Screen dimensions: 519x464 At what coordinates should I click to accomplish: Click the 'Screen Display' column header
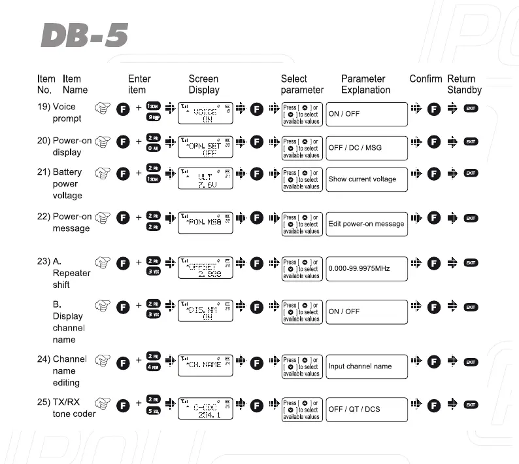pyautogui.click(x=204, y=84)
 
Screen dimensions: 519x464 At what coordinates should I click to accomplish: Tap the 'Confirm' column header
pyautogui.click(x=426, y=79)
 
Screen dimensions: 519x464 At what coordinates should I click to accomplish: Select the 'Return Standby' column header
pyautogui.click(x=464, y=84)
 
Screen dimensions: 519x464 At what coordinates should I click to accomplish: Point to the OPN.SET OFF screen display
pyautogui.click(x=205, y=148)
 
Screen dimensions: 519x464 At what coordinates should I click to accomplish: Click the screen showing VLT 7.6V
pyautogui.click(x=205, y=179)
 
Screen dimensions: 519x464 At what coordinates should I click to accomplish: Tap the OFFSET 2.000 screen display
pyautogui.click(x=205, y=269)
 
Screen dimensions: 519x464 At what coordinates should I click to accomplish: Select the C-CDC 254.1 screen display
pyautogui.click(x=205, y=410)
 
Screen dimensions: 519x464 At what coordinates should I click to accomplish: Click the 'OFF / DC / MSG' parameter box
pyautogui.click(x=366, y=148)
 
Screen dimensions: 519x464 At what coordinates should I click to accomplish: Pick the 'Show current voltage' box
pyautogui.click(x=366, y=179)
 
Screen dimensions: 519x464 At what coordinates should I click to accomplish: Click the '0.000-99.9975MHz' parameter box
pyautogui.click(x=366, y=269)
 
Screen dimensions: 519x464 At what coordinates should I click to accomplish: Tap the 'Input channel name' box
pyautogui.click(x=366, y=366)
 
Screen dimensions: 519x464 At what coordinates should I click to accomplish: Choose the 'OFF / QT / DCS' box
pyautogui.click(x=366, y=410)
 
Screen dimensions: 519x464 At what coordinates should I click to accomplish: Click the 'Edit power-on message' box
pyautogui.click(x=366, y=224)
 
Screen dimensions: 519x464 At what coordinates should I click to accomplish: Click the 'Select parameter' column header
pyautogui.click(x=302, y=84)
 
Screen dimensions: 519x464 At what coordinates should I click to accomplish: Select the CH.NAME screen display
pyautogui.click(x=205, y=365)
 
